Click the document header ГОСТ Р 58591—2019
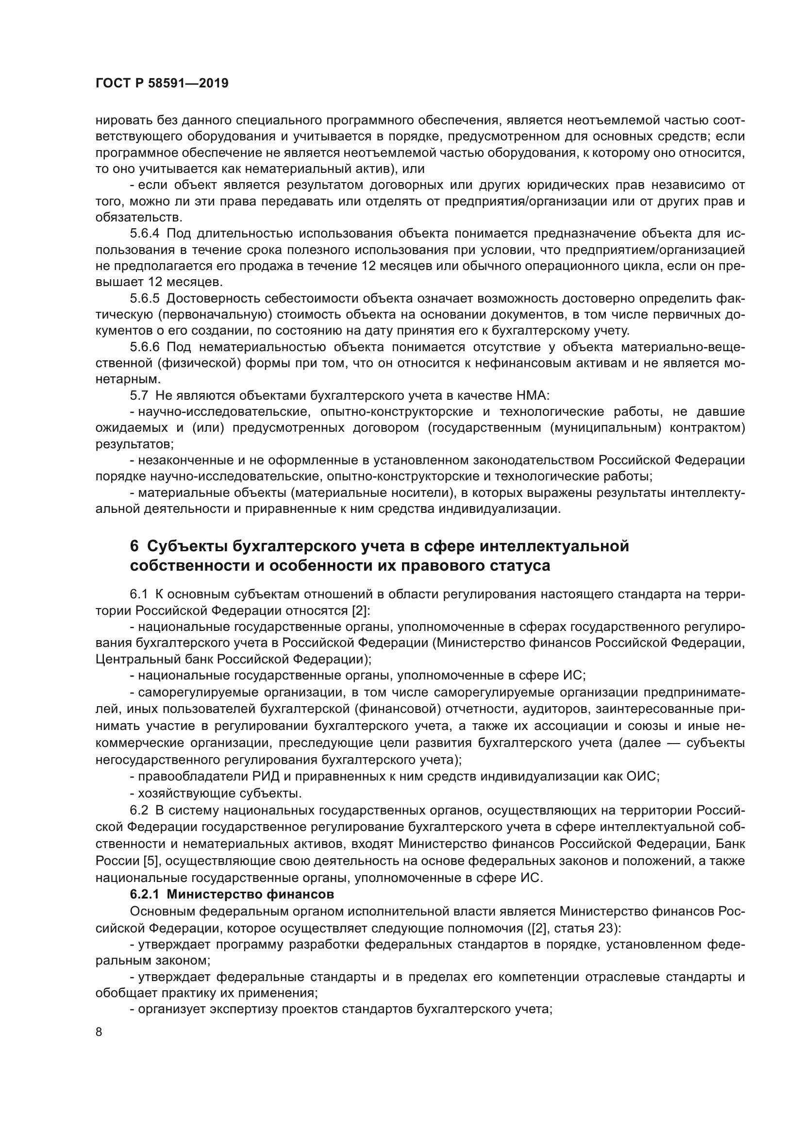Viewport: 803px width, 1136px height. click(162, 83)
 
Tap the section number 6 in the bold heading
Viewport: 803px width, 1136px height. click(134, 546)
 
